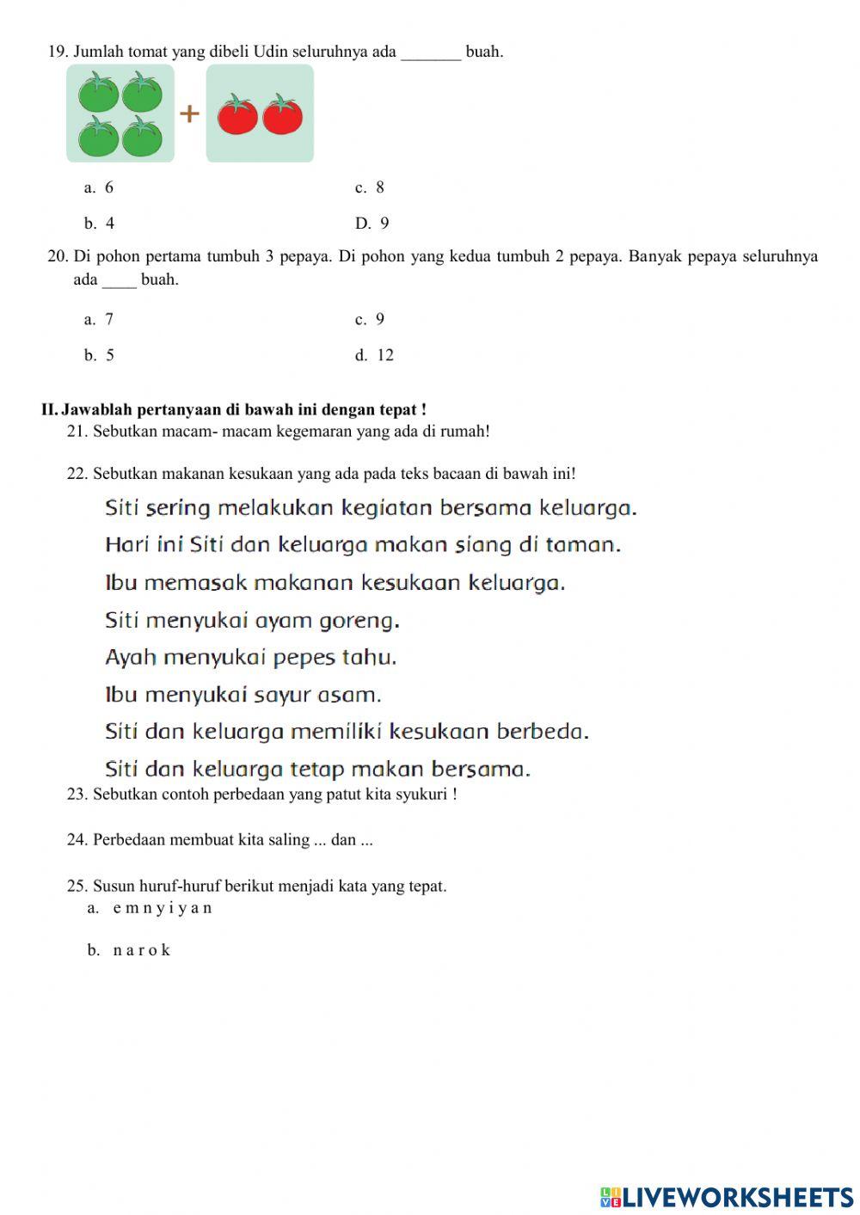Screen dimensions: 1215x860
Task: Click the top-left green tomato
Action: [99, 92]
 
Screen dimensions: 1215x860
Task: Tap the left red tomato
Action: [237, 115]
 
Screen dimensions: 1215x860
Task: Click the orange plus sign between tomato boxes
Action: [189, 114]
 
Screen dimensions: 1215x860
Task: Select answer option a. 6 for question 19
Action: [99, 187]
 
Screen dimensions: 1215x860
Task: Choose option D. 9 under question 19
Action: [372, 224]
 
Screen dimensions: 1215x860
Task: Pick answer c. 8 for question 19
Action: [370, 187]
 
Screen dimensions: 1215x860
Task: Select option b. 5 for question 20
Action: [99, 355]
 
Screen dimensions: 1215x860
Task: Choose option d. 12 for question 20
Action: [375, 355]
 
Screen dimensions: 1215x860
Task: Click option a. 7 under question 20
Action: [99, 319]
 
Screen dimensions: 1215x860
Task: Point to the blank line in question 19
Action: [431, 53]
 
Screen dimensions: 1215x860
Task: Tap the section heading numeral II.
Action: [48, 409]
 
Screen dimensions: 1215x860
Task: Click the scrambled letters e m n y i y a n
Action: [162, 908]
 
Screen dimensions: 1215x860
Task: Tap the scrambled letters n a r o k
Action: [141, 950]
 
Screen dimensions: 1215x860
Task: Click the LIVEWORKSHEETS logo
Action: [727, 1197]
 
